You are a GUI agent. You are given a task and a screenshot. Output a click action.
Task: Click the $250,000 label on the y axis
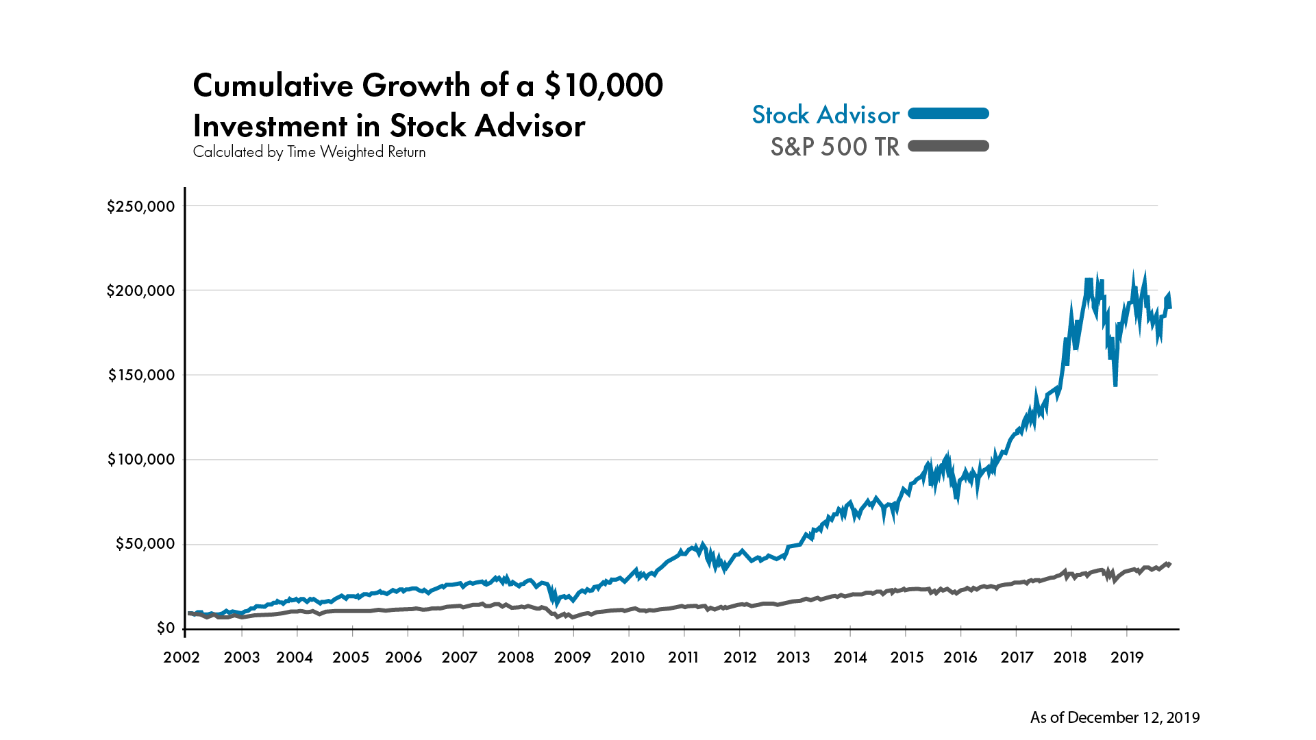pos(140,206)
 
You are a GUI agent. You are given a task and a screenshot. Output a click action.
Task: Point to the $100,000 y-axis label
pos(140,460)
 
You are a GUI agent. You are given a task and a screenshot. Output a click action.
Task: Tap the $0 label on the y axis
pos(165,628)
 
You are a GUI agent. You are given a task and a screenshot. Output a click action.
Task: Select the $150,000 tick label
pos(140,375)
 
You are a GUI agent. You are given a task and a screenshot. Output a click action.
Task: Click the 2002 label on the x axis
pos(182,658)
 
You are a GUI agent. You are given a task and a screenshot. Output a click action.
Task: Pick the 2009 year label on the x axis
pos(572,658)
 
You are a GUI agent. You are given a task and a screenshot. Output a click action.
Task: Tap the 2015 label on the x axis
pos(906,658)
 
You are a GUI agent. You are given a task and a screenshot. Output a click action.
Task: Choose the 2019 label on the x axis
pos(1127,658)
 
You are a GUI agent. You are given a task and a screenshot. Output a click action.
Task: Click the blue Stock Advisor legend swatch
pos(948,114)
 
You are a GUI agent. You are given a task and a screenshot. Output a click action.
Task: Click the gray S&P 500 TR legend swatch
pos(948,146)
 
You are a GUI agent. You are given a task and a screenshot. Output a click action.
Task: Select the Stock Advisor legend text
pos(825,115)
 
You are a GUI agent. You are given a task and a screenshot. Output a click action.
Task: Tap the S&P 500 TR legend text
pos(834,147)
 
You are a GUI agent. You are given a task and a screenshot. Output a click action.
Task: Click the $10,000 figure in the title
pos(604,86)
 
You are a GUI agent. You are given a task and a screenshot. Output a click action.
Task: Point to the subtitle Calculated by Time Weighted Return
pos(309,152)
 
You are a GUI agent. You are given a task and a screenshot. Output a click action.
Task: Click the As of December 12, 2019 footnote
pos(1115,717)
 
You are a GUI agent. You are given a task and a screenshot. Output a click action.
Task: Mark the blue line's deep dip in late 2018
pos(1115,384)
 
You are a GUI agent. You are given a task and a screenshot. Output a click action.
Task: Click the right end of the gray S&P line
pos(1169,564)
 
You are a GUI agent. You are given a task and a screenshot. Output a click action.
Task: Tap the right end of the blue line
pos(1170,307)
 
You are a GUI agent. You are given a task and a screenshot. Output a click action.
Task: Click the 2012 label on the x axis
pos(740,658)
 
